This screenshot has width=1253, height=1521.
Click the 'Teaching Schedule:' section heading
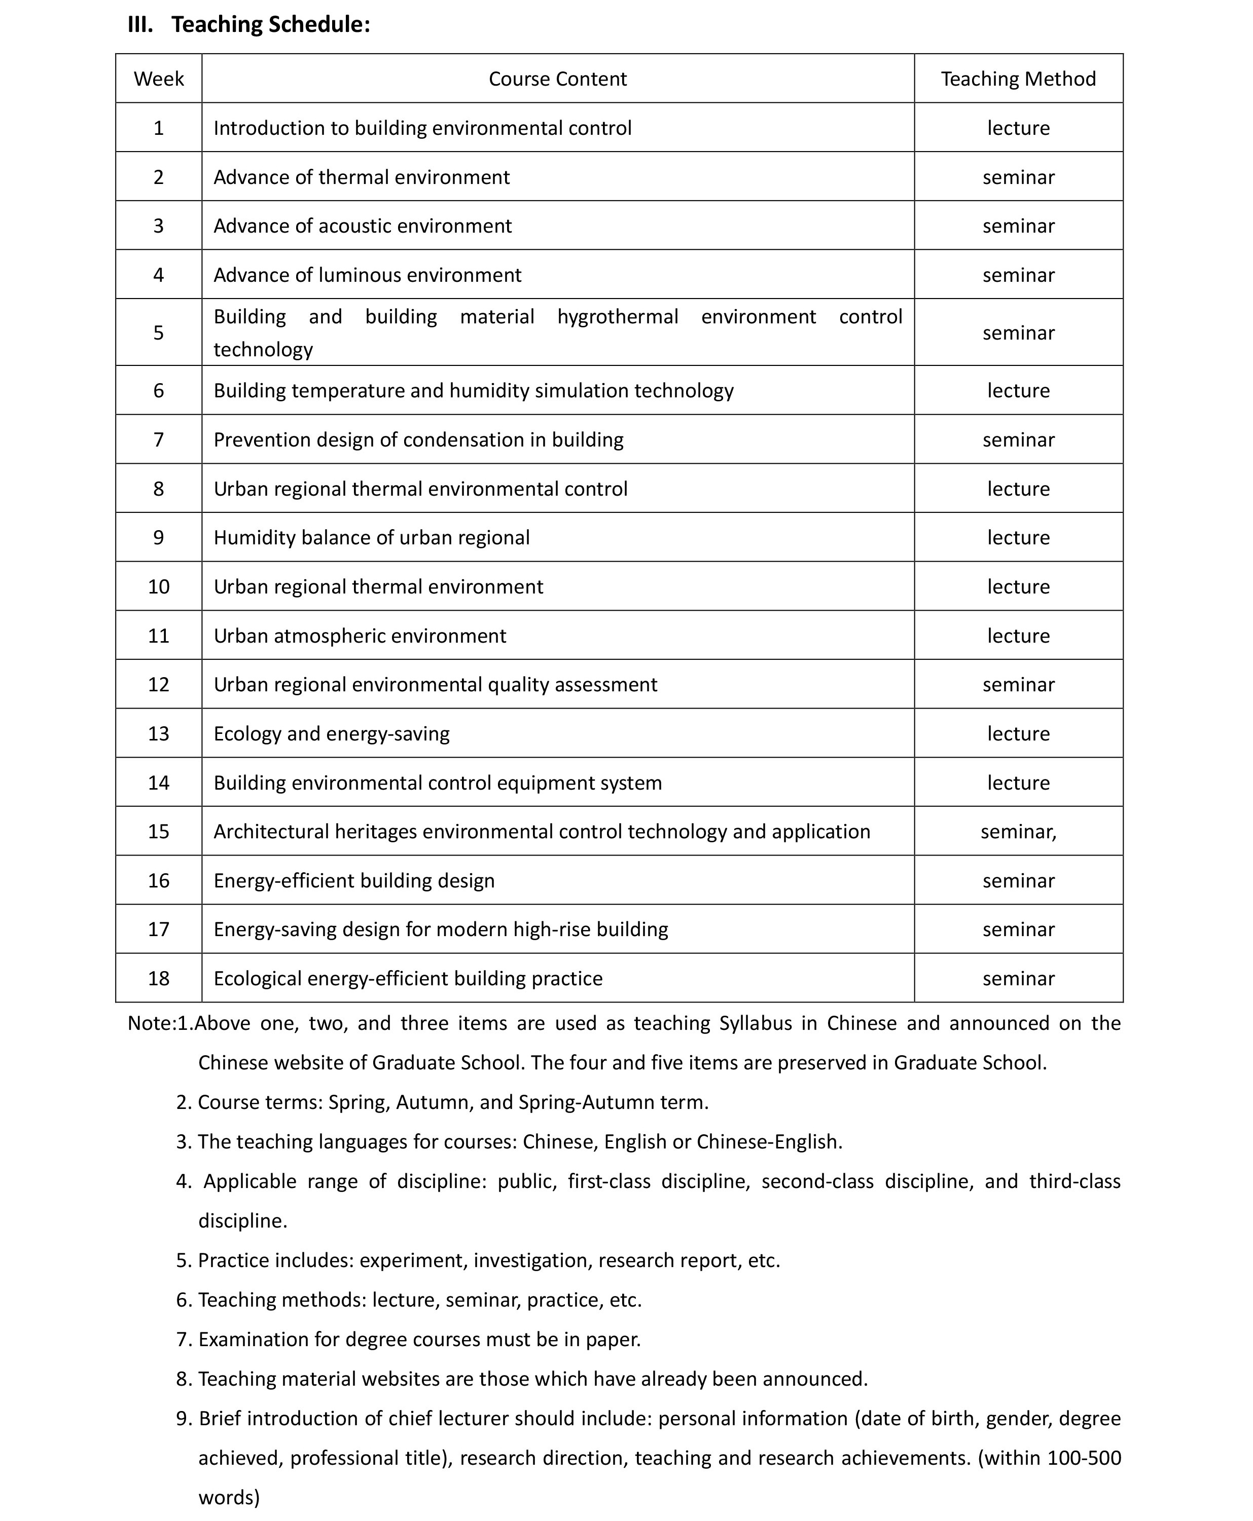(x=271, y=24)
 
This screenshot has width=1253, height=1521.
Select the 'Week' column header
(x=159, y=79)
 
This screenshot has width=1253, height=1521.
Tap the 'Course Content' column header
(x=557, y=79)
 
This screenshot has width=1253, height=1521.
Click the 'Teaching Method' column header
(x=1018, y=79)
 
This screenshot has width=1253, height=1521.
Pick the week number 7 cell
(x=159, y=439)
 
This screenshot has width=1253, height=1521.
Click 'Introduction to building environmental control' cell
(x=422, y=128)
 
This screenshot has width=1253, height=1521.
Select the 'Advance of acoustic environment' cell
(x=363, y=226)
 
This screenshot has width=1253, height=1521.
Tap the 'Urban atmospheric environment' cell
(x=360, y=636)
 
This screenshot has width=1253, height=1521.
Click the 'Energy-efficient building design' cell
(x=353, y=880)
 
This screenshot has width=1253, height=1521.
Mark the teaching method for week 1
(x=1018, y=128)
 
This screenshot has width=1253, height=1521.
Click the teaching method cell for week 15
(x=1018, y=831)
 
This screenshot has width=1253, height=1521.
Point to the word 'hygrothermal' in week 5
(x=618, y=317)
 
